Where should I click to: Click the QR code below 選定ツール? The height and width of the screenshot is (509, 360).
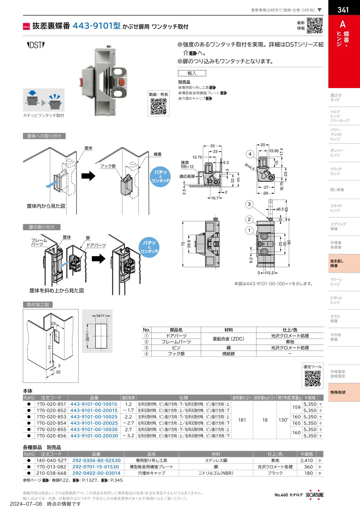point(312,379)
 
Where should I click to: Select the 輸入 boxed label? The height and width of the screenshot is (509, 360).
point(192,73)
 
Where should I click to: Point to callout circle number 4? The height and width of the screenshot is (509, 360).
point(250,154)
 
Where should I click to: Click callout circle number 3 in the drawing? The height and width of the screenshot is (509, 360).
point(249,205)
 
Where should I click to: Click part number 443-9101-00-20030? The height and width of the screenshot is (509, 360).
point(94,436)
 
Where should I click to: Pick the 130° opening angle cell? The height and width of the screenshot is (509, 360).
point(283,420)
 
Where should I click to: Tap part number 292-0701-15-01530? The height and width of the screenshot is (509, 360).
point(96,467)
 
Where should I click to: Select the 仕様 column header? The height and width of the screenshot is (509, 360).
point(184,398)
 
